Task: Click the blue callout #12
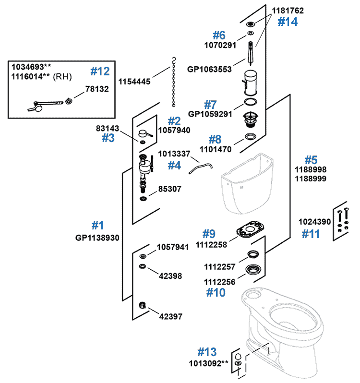[x=100, y=72]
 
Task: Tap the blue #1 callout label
[x=97, y=225]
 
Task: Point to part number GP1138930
[x=97, y=238]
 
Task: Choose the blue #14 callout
[x=288, y=22]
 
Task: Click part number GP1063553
[x=210, y=69]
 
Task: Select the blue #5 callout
[x=311, y=159]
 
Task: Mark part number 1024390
[x=315, y=222]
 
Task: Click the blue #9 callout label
[x=208, y=234]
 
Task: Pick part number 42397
[x=170, y=316]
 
